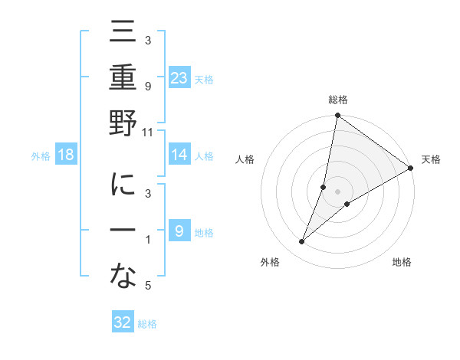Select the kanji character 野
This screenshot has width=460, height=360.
pyautogui.click(x=123, y=125)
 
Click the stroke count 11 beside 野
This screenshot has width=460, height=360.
pyautogui.click(x=148, y=132)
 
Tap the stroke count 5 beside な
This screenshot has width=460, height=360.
pyautogui.click(x=148, y=286)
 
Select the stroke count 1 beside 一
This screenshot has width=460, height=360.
pyautogui.click(x=148, y=241)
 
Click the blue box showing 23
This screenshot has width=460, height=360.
pyautogui.click(x=179, y=77)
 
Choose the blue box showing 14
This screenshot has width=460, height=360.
pyautogui.click(x=179, y=155)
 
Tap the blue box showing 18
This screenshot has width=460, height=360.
pyautogui.click(x=66, y=155)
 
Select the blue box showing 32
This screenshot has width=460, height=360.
pyautogui.click(x=123, y=322)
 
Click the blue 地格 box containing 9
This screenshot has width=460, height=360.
pyautogui.click(x=179, y=231)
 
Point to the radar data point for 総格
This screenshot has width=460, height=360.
pyautogui.click(x=337, y=116)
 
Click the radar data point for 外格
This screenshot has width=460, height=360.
pyautogui.click(x=302, y=242)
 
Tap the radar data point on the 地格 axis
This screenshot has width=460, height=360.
pyautogui.click(x=347, y=204)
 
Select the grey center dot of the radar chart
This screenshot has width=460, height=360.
pyautogui.click(x=337, y=191)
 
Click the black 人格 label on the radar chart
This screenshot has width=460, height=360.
pyautogui.click(x=245, y=159)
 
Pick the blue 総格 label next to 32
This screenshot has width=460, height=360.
pyautogui.click(x=147, y=324)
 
